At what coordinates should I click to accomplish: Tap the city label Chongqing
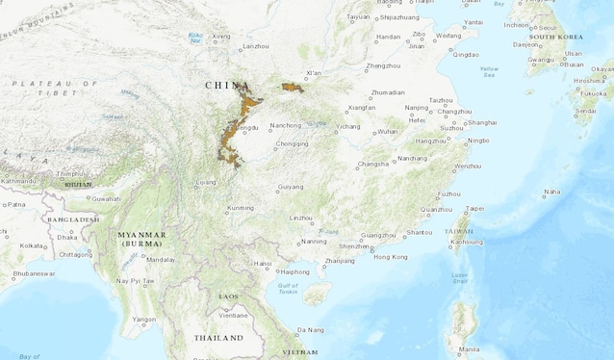293,143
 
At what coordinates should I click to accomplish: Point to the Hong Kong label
390,257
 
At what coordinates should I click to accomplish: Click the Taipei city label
475,208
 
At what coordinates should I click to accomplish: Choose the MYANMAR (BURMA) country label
141,239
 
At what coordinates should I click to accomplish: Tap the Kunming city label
241,208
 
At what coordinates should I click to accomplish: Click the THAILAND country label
218,338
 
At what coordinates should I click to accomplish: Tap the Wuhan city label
388,131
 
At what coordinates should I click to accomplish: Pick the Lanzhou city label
256,46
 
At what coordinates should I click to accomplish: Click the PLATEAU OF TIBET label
56,88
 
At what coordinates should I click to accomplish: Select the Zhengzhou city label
383,65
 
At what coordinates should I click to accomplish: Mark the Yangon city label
143,319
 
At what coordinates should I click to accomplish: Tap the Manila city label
470,348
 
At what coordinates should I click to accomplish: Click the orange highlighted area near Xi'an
293,89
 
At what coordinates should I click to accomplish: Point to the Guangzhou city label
377,235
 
